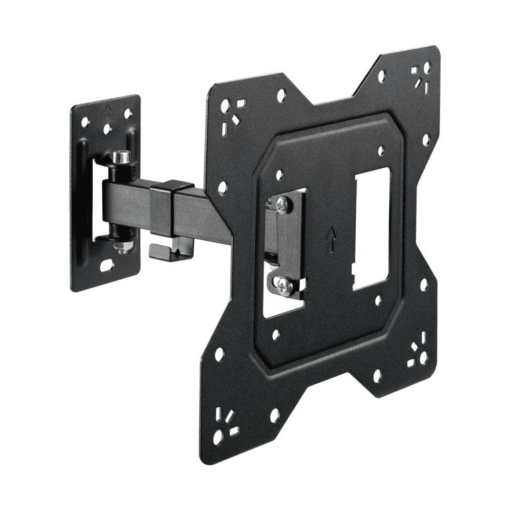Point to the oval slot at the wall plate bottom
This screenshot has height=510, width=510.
[107, 266]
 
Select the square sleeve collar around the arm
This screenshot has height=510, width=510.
[172, 208]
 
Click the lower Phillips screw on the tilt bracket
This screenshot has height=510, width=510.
[284, 288]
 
